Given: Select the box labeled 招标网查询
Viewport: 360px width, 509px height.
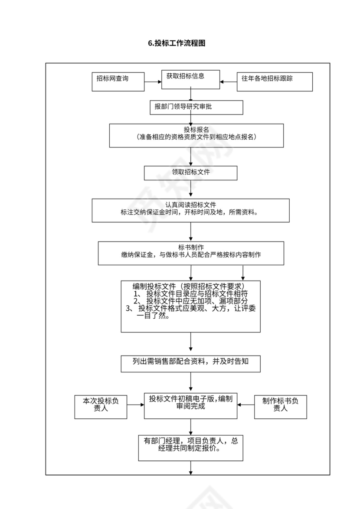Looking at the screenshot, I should click(x=118, y=82).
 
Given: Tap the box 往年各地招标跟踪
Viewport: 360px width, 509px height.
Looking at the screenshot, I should click(x=274, y=82).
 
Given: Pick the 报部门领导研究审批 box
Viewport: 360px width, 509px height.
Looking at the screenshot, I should click(x=193, y=108).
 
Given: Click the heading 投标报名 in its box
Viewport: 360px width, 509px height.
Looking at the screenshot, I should click(x=196, y=130).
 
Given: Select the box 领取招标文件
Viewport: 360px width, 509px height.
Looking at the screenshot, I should click(x=190, y=173).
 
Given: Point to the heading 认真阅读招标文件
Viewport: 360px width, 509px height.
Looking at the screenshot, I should click(x=190, y=205).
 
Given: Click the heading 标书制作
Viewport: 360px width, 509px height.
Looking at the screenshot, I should click(x=190, y=247).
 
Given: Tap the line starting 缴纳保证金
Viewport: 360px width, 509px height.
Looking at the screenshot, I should click(x=190, y=255).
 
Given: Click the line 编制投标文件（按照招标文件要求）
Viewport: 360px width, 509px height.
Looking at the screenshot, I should click(x=190, y=286).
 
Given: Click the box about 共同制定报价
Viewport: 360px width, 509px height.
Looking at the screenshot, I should click(x=190, y=447).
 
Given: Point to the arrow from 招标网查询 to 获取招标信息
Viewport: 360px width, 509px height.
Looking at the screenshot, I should click(x=153, y=82).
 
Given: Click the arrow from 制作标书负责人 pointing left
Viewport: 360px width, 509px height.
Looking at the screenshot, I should click(x=246, y=405).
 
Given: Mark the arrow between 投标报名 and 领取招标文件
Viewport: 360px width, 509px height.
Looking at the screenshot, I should click(x=190, y=157).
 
